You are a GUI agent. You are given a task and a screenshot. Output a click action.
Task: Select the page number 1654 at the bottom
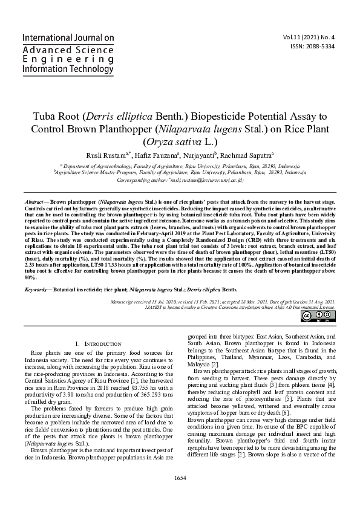(x=180, y=495)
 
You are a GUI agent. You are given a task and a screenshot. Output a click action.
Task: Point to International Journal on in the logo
(x=68, y=37)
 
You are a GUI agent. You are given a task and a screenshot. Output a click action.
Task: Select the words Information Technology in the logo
(x=68, y=70)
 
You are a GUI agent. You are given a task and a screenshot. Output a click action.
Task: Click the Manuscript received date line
(x=224, y=300)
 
